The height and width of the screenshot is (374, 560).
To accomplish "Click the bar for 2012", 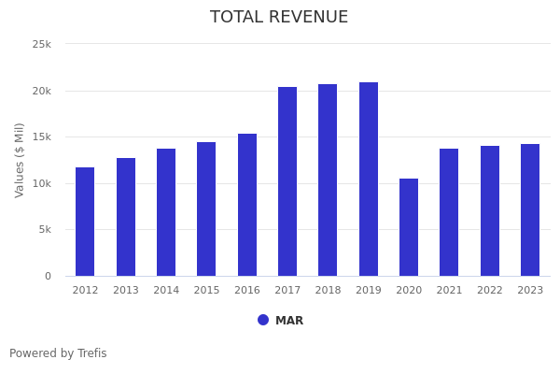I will (x=85, y=222).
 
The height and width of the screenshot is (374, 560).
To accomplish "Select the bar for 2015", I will (x=206, y=209).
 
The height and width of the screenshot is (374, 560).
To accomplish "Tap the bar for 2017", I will (x=287, y=181).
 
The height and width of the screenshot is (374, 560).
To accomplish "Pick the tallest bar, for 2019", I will (x=369, y=180).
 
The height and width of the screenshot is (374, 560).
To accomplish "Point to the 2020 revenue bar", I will (x=409, y=227).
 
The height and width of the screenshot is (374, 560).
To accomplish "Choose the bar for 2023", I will (x=530, y=210).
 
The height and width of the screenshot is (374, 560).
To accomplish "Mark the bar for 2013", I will (x=126, y=217).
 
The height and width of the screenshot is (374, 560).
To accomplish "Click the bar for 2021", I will (x=449, y=212).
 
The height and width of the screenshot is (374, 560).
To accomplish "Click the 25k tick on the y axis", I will (x=42, y=44).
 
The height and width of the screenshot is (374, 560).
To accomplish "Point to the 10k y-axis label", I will (x=42, y=183).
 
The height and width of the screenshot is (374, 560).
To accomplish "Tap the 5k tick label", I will (x=45, y=230).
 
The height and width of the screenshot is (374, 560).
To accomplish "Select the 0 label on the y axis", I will (x=48, y=276).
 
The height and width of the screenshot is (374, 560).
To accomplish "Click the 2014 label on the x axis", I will (x=166, y=291).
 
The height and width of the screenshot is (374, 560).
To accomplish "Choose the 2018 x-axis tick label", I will (x=328, y=291).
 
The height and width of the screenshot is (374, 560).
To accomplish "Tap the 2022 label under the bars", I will (x=490, y=291).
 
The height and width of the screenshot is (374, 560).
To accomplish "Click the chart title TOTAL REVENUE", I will (x=279, y=18).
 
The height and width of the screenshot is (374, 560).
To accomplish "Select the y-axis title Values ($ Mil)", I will (x=20, y=159).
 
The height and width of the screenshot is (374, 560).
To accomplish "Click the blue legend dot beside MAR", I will (x=263, y=320).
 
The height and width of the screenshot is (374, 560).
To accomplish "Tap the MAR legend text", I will (x=289, y=321).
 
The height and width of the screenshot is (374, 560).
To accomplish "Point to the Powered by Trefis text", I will (x=58, y=353).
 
